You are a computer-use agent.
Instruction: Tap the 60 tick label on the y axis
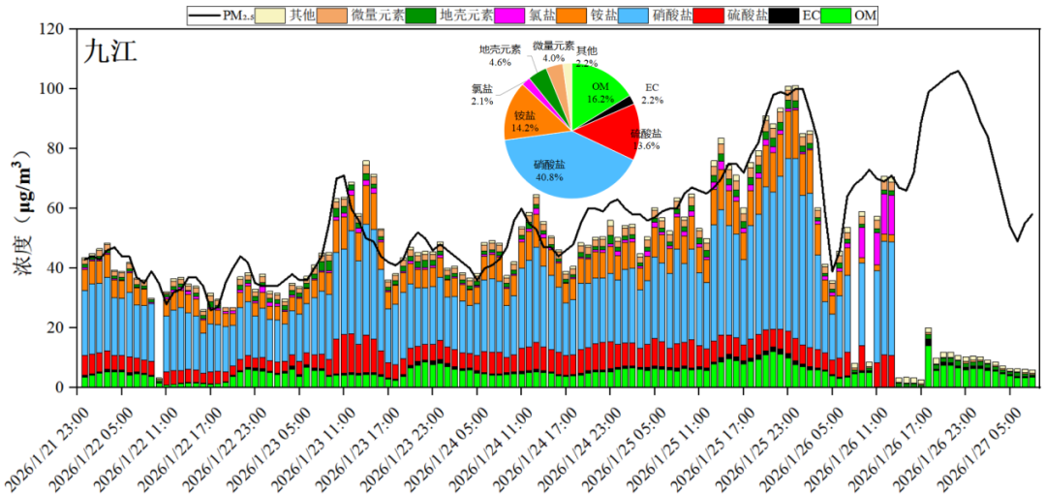[54, 208]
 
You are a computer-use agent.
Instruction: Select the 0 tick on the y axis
[59, 387]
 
